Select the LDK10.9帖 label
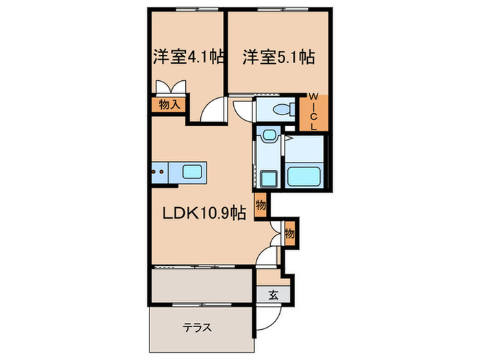[203, 214]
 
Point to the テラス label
[197, 327]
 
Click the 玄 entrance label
[272, 296]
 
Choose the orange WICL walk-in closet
[313, 112]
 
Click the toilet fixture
[282, 109]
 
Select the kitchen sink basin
[192, 171]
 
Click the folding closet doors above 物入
[170, 88]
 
